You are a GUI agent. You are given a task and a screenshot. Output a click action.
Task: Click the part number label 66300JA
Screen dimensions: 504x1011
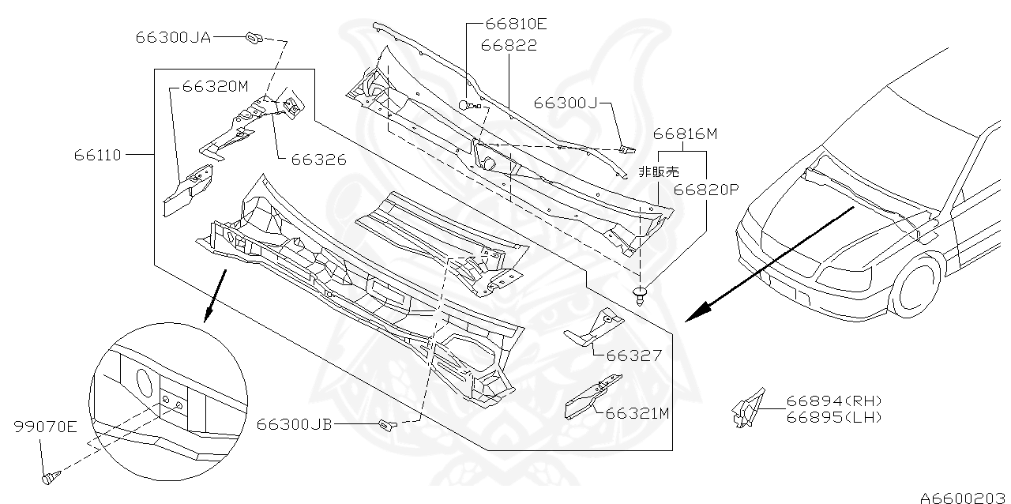(x=173, y=37)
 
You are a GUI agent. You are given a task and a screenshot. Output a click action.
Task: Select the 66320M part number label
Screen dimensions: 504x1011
(x=215, y=87)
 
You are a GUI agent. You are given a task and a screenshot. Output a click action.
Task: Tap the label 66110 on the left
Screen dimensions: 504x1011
(x=98, y=155)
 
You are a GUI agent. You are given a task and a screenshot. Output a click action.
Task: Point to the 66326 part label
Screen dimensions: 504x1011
(x=318, y=160)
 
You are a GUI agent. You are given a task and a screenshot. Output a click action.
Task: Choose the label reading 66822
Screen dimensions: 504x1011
(x=511, y=46)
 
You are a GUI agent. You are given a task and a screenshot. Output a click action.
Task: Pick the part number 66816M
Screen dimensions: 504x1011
(x=685, y=134)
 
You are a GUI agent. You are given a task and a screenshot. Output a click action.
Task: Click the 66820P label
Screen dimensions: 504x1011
(x=705, y=190)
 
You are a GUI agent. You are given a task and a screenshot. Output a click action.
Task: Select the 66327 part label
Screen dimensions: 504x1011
(x=633, y=356)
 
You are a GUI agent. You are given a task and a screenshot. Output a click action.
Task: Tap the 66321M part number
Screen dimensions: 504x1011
(x=637, y=412)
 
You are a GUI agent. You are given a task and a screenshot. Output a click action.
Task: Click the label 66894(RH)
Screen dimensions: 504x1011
(x=833, y=401)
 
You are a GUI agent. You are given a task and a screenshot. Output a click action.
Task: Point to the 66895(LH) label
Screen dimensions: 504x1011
(x=833, y=417)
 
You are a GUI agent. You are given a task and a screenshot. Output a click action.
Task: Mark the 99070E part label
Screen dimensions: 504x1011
(x=45, y=427)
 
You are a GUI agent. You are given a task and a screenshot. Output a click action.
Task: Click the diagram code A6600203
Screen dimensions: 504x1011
(x=964, y=497)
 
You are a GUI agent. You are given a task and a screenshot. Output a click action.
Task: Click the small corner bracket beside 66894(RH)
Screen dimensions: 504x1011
(x=747, y=408)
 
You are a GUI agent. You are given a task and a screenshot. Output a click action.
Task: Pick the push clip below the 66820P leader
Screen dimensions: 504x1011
(x=640, y=297)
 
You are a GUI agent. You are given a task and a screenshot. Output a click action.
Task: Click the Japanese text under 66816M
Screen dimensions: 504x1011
(x=659, y=171)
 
